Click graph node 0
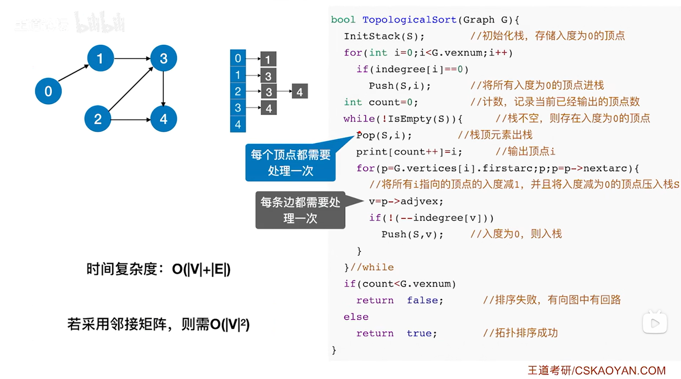click(x=48, y=91)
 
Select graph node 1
click(x=100, y=58)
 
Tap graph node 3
click(x=164, y=58)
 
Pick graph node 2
click(x=97, y=119)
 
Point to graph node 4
click(x=164, y=119)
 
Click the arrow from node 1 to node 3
click(x=132, y=58)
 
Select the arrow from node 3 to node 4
click(x=163, y=89)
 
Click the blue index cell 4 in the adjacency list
click(x=238, y=125)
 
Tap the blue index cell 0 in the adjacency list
click(x=238, y=58)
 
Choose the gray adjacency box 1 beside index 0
click(x=268, y=59)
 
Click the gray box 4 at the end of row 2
click(x=300, y=92)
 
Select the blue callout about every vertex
click(x=290, y=163)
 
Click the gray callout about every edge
click(x=300, y=210)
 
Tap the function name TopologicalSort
click(x=409, y=20)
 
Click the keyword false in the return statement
click(x=422, y=300)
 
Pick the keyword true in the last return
click(x=419, y=333)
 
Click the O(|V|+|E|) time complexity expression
click(x=201, y=269)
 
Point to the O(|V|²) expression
click(x=230, y=324)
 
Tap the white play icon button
click(x=655, y=323)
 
